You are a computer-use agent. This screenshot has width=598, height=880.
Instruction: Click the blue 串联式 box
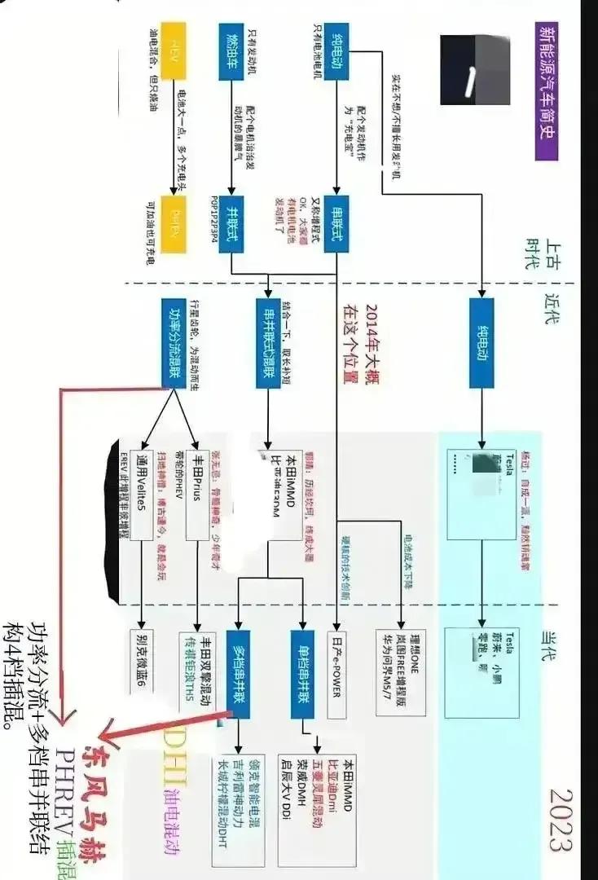(334, 221)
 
